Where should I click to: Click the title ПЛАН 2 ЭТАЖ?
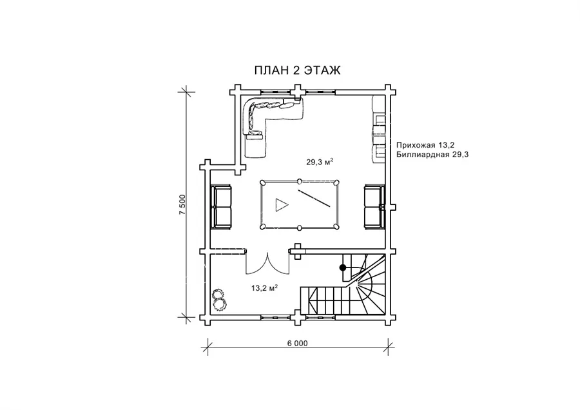tap(297, 70)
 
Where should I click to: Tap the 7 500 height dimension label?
tap(182, 204)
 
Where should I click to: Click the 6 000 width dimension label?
tap(297, 344)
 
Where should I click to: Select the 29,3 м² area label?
tap(320, 161)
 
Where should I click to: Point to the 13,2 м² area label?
tap(264, 288)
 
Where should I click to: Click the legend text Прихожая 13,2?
tap(425, 144)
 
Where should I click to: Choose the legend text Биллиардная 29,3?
tap(432, 154)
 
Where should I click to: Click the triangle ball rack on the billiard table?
tap(281, 205)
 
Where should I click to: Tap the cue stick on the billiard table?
tap(314, 199)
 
